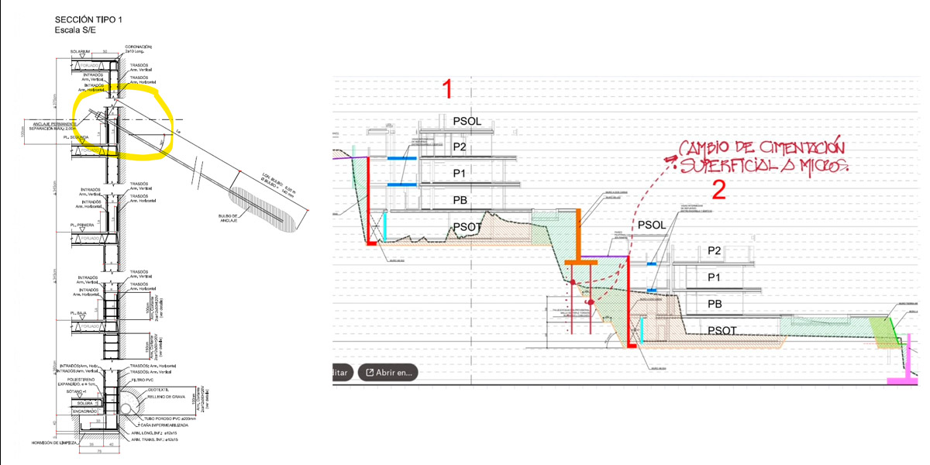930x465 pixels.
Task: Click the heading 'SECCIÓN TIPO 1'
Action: [x=88, y=19]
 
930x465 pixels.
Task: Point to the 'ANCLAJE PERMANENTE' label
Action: [x=55, y=124]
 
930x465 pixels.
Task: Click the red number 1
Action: [x=447, y=89]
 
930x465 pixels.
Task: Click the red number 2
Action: [x=718, y=190]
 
